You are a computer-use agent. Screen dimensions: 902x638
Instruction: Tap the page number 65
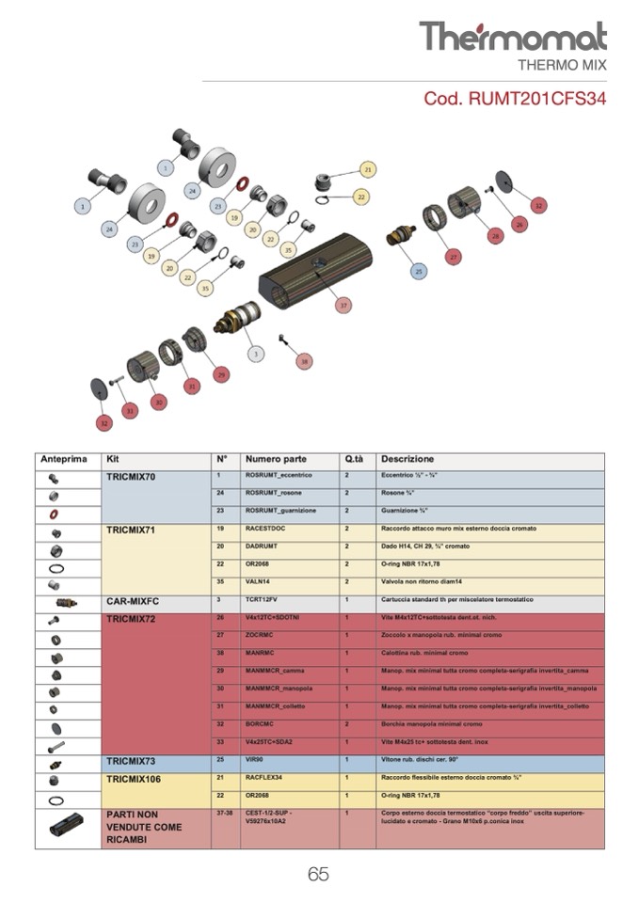tap(318, 874)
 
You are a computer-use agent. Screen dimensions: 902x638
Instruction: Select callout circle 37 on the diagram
tap(343, 306)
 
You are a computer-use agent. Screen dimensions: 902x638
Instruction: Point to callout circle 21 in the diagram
tap(368, 168)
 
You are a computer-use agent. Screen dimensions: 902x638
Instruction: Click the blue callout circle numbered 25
tap(419, 271)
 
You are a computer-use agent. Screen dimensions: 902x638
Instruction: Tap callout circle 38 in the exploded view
tap(303, 360)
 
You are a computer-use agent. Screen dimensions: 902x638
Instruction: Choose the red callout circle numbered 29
tap(221, 373)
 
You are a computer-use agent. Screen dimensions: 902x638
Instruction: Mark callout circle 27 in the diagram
tap(454, 257)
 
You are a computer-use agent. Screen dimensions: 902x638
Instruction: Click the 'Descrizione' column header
tap(407, 459)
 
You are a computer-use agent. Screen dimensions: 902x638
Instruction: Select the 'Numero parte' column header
tap(276, 459)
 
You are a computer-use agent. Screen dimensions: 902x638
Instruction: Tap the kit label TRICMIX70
tap(132, 477)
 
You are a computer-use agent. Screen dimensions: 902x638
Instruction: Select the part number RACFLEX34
tap(268, 778)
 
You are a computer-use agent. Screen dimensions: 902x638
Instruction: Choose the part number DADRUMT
tap(263, 546)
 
